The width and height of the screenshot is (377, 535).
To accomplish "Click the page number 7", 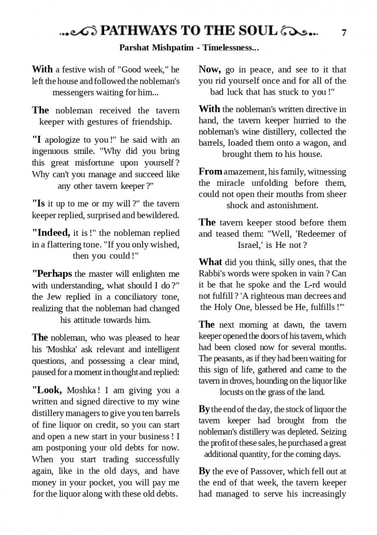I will click(344, 33).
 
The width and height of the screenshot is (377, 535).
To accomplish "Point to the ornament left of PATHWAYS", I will click(79, 31).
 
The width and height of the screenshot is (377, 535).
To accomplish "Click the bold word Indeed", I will click(51, 233).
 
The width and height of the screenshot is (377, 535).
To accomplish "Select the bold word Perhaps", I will click(52, 273).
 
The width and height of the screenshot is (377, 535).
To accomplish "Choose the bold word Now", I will click(210, 69).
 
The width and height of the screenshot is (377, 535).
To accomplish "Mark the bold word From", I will click(210, 171).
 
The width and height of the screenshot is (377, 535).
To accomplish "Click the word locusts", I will click(232, 392).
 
